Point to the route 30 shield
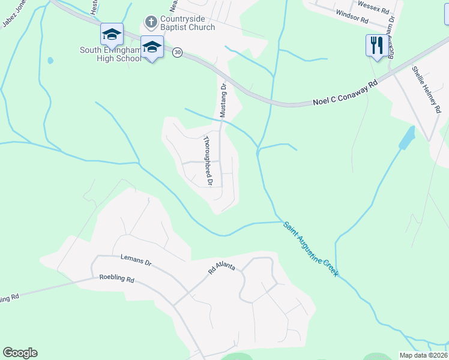(x=177, y=53)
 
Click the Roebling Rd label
(x=117, y=280)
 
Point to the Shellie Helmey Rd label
(x=426, y=91)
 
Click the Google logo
(x=20, y=353)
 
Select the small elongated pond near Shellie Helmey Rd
(x=407, y=139)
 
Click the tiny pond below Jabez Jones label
(x=50, y=61)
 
